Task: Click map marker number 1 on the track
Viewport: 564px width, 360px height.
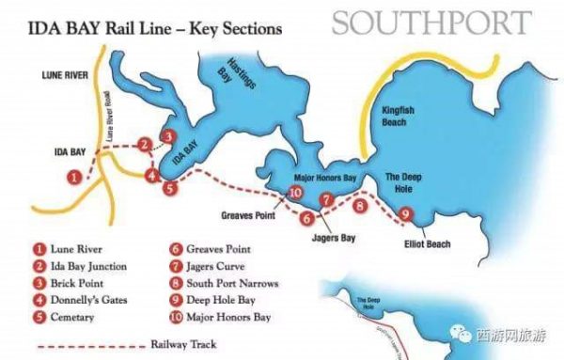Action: coord(73,176)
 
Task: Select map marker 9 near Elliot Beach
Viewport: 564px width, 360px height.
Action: coord(405,214)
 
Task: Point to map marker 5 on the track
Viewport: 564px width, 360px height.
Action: coord(169,188)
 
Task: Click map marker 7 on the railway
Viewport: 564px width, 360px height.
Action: coord(326,199)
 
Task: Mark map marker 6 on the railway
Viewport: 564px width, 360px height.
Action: coord(305,218)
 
